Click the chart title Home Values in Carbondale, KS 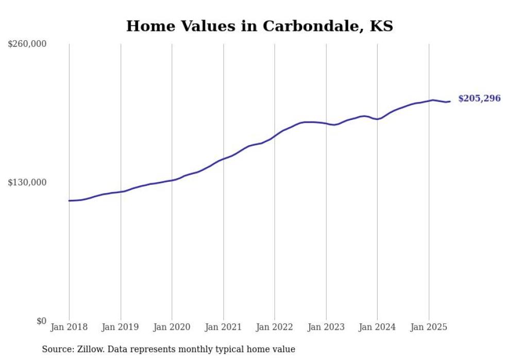(x=259, y=26)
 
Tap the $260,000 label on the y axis (x=27, y=44)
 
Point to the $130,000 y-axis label (x=27, y=182)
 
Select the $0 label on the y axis (x=41, y=321)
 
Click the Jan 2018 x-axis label (x=69, y=327)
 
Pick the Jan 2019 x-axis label (x=120, y=327)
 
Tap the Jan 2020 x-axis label (x=172, y=327)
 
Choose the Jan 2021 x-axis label (x=223, y=327)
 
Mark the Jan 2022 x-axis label (x=275, y=327)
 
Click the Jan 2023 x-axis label (x=326, y=327)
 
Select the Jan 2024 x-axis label (x=377, y=327)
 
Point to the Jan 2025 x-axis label (x=429, y=327)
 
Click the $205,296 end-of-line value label (x=479, y=98)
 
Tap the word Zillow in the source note (x=88, y=349)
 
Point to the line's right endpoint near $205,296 (x=450, y=101)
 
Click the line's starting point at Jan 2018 (x=69, y=200)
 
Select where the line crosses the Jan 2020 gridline (x=172, y=180)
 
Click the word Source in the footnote (x=56, y=349)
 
